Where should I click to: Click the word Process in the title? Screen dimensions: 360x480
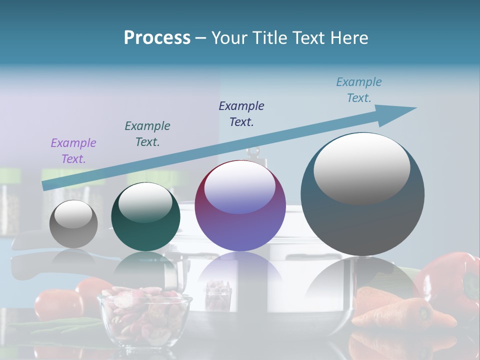click(x=157, y=38)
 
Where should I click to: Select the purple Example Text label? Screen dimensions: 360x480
click(x=73, y=151)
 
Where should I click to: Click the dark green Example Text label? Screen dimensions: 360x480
click(x=147, y=133)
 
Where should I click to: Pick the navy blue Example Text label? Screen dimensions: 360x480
click(x=241, y=113)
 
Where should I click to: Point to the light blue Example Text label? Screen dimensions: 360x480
click(x=359, y=90)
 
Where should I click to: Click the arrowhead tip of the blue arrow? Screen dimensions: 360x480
click(x=415, y=108)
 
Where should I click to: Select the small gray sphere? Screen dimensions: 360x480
click(x=73, y=224)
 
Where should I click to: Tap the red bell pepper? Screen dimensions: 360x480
click(x=450, y=280)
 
